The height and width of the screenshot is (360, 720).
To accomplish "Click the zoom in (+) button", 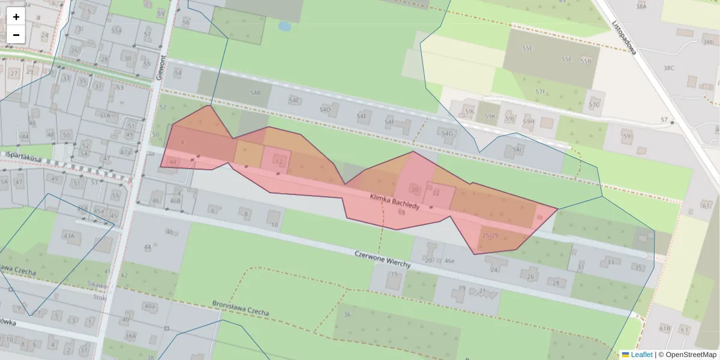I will [16, 17].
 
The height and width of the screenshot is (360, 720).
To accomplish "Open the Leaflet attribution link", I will [641, 355].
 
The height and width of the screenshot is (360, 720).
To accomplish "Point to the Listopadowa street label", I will [623, 38].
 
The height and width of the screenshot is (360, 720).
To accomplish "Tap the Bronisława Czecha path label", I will [241, 308].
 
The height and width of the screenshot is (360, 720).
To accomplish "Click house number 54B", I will [256, 93].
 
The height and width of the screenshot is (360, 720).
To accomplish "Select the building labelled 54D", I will [325, 109].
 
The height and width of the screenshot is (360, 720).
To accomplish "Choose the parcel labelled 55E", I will [527, 48].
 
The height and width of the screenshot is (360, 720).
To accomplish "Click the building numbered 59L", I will [470, 112].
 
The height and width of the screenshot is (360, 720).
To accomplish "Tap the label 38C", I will [668, 68].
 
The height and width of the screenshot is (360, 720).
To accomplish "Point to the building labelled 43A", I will [69, 236].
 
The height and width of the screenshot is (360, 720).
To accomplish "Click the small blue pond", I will [284, 26].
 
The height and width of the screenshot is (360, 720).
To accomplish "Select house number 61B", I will [665, 328].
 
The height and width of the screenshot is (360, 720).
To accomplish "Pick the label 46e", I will [448, 260].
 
